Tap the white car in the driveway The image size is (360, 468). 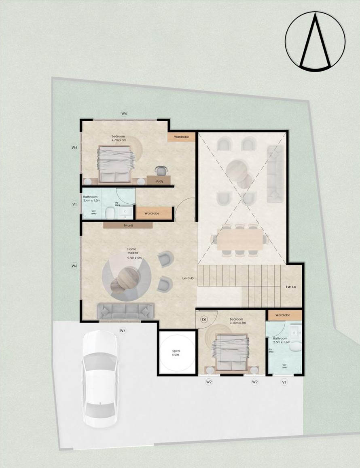(100, 378)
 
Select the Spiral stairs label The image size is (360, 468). (176, 352)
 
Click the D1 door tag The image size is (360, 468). (205, 320)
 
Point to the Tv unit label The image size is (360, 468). (128, 226)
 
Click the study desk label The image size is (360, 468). (159, 181)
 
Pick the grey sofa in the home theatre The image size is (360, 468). (126, 311)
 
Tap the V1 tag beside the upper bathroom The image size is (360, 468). (74, 205)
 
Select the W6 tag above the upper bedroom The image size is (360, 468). (124, 114)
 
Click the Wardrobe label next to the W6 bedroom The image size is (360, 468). (181, 137)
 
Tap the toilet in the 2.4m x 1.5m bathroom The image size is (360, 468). (109, 213)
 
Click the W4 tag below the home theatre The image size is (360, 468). (123, 331)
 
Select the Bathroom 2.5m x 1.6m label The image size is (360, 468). (280, 340)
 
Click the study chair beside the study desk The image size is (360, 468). (161, 171)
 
